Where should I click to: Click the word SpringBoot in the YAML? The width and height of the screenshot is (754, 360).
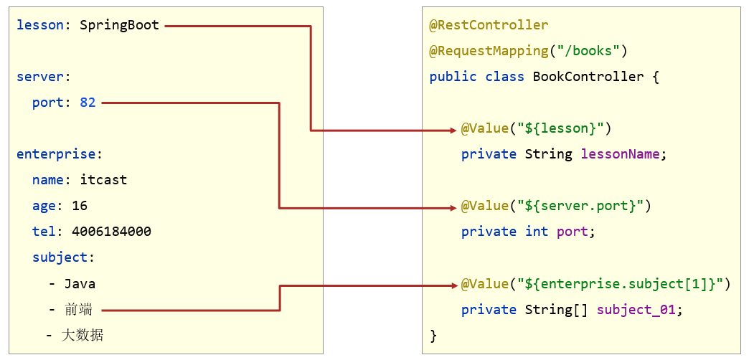coord(119,25)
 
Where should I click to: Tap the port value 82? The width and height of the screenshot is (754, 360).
coord(88,103)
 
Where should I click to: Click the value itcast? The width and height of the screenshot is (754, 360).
coord(103,180)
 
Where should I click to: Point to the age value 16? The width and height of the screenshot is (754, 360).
coord(80,206)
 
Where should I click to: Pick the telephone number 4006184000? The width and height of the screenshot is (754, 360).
coord(111,232)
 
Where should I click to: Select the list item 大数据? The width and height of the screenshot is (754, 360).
coord(83,335)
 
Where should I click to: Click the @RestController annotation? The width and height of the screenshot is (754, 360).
coord(489,25)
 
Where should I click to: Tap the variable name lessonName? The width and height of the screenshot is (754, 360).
coord(623,154)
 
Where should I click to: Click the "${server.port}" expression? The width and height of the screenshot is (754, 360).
coord(580,206)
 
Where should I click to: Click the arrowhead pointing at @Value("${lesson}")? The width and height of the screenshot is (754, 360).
coord(453,130)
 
